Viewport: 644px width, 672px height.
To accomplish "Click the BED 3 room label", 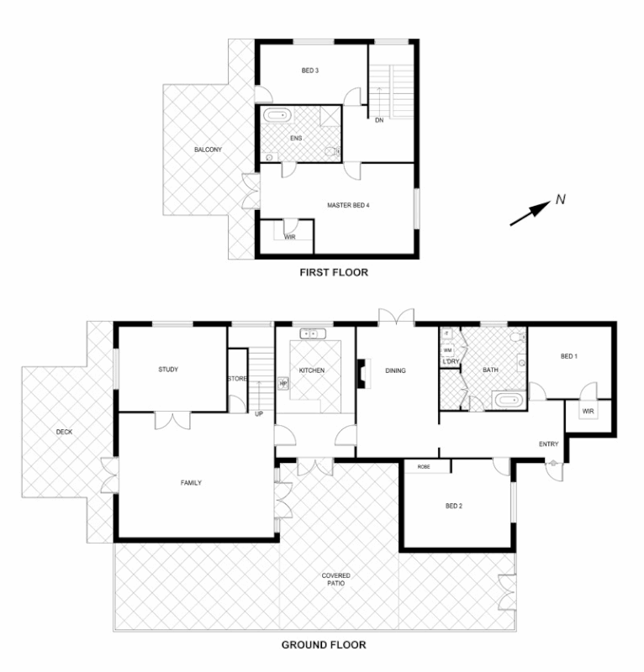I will point(310,71).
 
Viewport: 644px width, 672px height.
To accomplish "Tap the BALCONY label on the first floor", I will point(208,150).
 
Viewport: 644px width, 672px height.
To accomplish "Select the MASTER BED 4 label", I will point(349,204).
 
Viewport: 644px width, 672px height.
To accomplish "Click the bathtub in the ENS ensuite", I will point(276,116).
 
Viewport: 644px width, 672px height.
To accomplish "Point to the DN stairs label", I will point(379,121).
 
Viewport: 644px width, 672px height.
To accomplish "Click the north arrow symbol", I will point(531,211).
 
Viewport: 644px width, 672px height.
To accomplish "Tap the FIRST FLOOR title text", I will point(335,272).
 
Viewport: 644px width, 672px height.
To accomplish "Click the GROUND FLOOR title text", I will point(323,645).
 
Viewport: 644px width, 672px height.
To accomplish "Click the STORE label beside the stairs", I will point(237,379).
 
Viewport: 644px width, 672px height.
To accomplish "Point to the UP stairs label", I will point(259,413).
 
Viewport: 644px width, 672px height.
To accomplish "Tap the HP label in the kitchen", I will point(283,384).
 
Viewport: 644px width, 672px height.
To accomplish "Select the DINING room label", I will point(396,370).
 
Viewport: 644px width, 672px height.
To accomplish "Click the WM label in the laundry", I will point(447,349).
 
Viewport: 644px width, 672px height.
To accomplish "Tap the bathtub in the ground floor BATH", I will point(507,399).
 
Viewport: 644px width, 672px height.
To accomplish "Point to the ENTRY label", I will point(549,444).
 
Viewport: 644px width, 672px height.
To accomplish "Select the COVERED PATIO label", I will point(336,579).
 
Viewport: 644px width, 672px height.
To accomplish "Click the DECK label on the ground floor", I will point(65,432).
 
